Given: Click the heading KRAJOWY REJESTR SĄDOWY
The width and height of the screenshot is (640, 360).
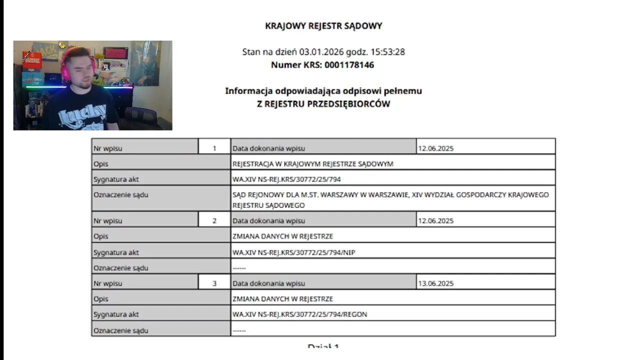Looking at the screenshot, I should pos(323,26).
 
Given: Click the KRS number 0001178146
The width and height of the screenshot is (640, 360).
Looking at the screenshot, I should pos(349,65).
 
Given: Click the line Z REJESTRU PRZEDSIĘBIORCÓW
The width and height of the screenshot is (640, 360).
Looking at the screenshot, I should pos(323,104).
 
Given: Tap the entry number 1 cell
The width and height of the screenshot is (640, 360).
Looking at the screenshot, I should pos(214,148).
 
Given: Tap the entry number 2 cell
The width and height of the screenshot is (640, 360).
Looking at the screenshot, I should pos(214,220).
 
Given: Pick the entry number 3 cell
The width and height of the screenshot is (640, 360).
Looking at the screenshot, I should pos(214,283).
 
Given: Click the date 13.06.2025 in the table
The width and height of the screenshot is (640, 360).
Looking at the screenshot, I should pos(436,283).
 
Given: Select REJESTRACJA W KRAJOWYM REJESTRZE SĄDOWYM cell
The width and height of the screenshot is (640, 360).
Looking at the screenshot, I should pos(313,164).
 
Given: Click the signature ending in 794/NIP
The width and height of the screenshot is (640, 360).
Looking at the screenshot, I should pos(294,252).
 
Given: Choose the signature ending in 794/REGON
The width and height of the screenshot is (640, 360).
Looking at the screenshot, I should pos(300,314).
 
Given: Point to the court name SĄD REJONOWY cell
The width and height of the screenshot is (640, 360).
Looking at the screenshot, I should pos(390,199).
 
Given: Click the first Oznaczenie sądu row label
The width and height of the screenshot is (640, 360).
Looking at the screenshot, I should pos(121,195).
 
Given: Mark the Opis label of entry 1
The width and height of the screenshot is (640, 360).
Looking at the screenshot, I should pos(101,164).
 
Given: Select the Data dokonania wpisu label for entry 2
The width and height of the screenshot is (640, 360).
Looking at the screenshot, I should pos(268,220).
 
